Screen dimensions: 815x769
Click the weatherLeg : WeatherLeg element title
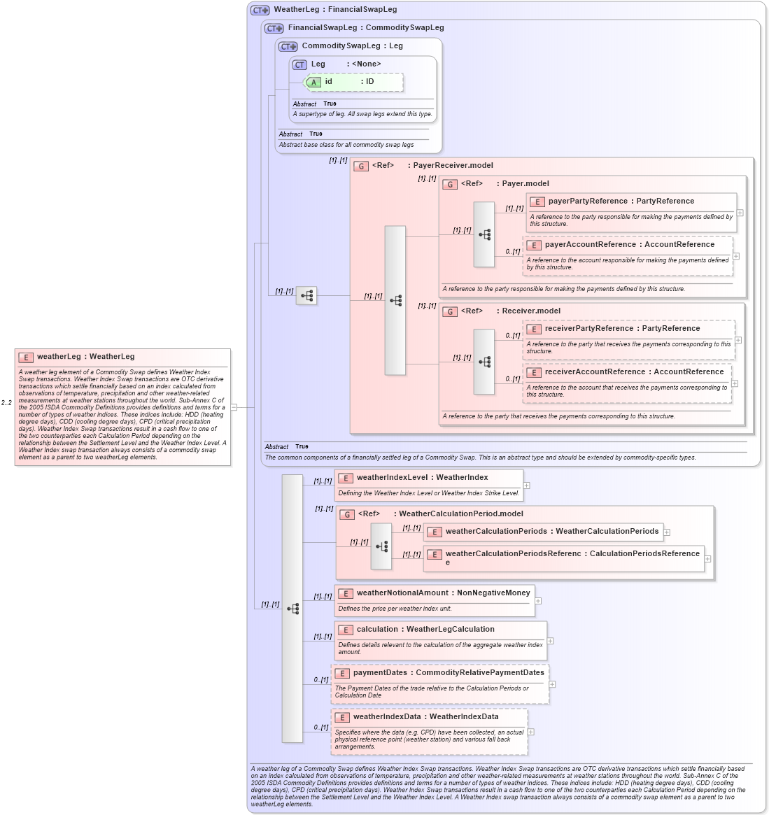pyautogui.click(x=85, y=357)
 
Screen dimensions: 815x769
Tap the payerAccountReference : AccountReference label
pyautogui.click(x=629, y=245)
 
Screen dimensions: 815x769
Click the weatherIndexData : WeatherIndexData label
pyautogui.click(x=425, y=717)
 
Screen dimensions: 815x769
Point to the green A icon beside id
pyautogui.click(x=313, y=83)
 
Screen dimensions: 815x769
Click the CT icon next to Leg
pyautogui.click(x=299, y=64)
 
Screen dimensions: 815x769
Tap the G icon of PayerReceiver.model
pyautogui.click(x=361, y=166)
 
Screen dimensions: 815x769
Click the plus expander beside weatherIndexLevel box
pyautogui.click(x=526, y=486)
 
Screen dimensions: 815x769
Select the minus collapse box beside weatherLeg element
pyautogui.click(x=234, y=406)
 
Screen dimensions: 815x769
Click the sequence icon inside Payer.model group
pyautogui.click(x=484, y=235)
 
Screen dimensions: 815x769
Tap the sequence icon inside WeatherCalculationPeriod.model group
pyautogui.click(x=381, y=546)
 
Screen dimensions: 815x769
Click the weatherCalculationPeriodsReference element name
pyautogui.click(x=572, y=554)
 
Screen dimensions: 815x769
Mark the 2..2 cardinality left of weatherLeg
pyautogui.click(x=6, y=403)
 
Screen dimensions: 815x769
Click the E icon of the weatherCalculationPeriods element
pyautogui.click(x=435, y=532)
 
